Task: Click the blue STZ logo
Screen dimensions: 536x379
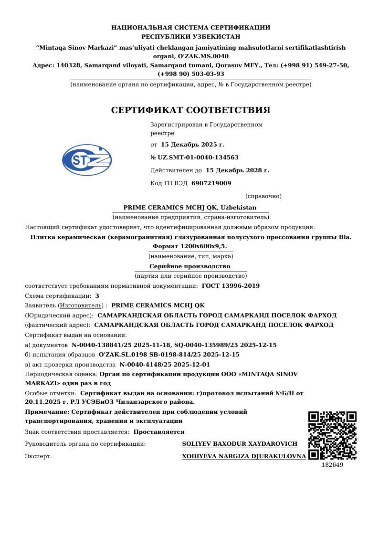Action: click(87, 160)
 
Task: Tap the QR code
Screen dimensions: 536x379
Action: click(332, 435)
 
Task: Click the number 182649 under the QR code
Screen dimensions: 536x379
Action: click(332, 465)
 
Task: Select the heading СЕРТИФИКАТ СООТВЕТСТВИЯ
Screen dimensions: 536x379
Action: click(190, 110)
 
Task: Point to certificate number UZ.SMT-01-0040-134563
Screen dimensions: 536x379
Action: click(198, 158)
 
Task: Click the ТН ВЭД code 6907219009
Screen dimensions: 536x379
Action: click(211, 183)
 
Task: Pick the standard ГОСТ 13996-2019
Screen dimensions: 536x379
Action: click(231, 286)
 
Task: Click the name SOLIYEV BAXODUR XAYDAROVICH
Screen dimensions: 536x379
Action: click(240, 444)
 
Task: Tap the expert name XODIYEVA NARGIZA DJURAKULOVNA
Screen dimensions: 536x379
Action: click(244, 456)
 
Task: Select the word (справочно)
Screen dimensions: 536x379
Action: click(263, 196)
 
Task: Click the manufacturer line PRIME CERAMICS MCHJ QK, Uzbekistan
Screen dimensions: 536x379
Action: click(190, 208)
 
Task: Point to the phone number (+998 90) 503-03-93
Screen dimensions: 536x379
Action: click(191, 74)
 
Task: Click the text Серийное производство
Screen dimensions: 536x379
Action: click(190, 266)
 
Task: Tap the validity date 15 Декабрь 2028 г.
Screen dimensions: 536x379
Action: click(237, 170)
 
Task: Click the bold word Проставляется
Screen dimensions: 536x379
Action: click(159, 432)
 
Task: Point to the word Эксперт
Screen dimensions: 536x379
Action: click(38, 456)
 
